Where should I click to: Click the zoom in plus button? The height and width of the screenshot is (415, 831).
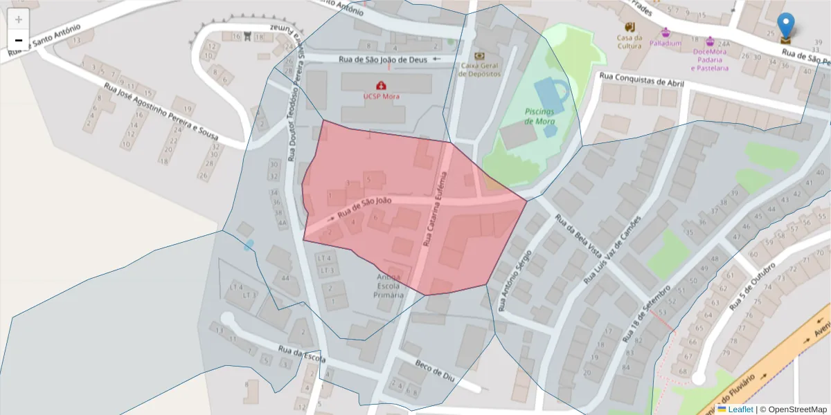pyautogui.click(x=19, y=19)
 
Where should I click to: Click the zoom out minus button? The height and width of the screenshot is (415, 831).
pyautogui.click(x=19, y=40)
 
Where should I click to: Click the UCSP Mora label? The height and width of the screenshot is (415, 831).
pyautogui.click(x=382, y=96)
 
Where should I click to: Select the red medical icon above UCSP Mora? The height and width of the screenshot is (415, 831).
pyautogui.click(x=382, y=85)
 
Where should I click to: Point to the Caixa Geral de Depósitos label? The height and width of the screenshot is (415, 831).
pyautogui.click(x=479, y=69)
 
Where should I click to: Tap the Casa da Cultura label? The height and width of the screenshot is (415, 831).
pyautogui.click(x=630, y=41)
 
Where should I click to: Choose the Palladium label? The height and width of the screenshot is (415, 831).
pyautogui.click(x=665, y=43)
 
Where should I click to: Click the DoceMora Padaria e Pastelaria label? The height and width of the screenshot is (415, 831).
pyautogui.click(x=710, y=59)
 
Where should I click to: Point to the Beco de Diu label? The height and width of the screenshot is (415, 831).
pyautogui.click(x=434, y=371)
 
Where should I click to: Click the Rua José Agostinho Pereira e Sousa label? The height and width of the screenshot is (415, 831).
pyautogui.click(x=161, y=111)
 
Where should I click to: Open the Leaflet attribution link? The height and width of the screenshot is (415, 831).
pyautogui.click(x=740, y=409)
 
